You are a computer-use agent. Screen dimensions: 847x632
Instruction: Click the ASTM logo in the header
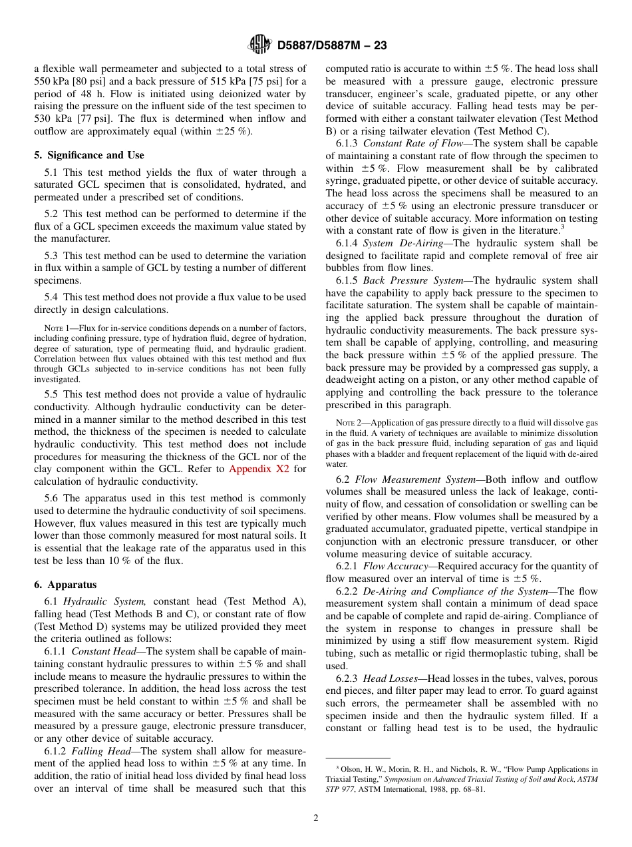(x=259, y=45)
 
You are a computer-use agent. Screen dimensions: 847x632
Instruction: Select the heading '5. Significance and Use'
(x=89, y=155)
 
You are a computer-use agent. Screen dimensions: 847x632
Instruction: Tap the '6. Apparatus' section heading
(x=65, y=585)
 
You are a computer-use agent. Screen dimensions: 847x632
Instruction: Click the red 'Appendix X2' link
(x=258, y=469)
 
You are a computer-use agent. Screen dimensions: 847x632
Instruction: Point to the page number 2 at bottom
(x=316, y=818)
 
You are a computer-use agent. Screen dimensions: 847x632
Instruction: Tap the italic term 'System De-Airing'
(x=403, y=243)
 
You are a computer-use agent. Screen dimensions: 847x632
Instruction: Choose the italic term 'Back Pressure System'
(x=413, y=280)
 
